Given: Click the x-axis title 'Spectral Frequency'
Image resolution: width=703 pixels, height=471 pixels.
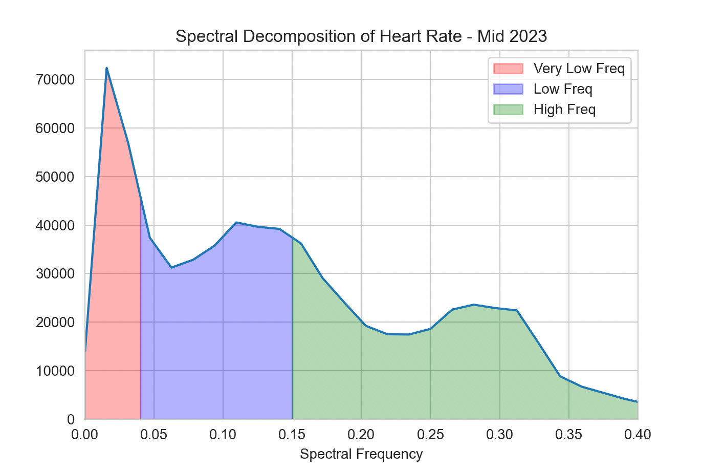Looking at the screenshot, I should coord(361,454).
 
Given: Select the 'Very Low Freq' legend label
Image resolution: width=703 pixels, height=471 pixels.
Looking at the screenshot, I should coord(579,69).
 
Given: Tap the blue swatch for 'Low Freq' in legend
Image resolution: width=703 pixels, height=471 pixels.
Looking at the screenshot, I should coord(508,89).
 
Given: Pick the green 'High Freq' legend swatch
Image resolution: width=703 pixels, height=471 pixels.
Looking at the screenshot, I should coord(508,110).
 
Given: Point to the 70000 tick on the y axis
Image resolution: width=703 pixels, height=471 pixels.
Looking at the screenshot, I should coord(55,80).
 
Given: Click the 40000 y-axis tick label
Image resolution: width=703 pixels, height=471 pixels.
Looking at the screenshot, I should coord(55,225).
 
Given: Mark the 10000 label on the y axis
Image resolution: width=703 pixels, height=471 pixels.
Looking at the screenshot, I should coord(55,371).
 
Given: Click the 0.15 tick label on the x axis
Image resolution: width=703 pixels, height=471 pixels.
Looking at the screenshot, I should coord(292,435).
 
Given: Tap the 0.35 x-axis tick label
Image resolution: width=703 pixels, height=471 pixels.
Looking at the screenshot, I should coord(568,435).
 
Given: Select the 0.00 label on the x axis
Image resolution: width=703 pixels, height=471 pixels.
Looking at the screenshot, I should coord(85,435).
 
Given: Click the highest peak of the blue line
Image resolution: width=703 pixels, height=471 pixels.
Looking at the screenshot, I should coord(106,68).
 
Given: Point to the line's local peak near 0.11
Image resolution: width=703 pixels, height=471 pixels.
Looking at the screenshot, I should coord(236,222).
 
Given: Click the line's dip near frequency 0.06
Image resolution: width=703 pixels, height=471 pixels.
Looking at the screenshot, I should coord(171,267).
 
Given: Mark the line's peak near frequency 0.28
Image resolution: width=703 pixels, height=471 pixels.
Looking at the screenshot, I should coord(474,305).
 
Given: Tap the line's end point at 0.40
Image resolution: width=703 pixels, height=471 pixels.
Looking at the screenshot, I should coord(637,402).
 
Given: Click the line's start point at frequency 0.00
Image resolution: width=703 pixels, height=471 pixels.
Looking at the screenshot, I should coord(85,351).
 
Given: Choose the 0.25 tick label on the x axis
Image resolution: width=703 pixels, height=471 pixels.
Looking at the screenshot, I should coord(430,435).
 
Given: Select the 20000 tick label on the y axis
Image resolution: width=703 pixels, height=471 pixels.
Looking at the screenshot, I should coord(55,323).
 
